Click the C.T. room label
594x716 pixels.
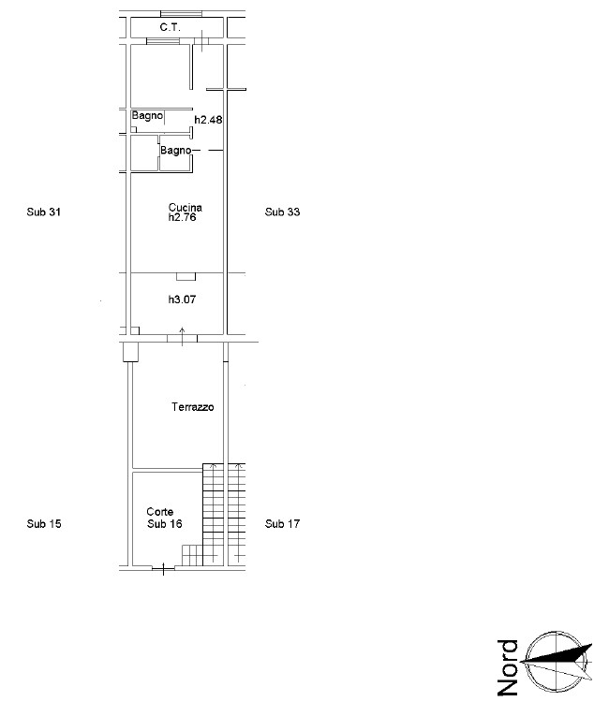[x=171, y=27]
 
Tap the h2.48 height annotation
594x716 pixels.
[x=208, y=120]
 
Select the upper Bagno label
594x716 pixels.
[x=147, y=116]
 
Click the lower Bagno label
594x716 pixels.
[x=175, y=151]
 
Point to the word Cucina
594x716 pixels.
[x=186, y=207]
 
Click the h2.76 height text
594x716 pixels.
[x=182, y=217]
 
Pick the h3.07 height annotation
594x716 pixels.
[x=182, y=300]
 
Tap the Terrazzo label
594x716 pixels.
[x=192, y=407]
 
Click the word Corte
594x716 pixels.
[x=159, y=512]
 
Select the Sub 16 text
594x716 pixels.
[x=165, y=524]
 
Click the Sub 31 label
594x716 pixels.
[x=43, y=212]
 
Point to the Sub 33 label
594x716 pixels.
[x=282, y=212]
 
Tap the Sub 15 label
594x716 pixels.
[x=44, y=524]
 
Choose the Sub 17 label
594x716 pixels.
[x=282, y=524]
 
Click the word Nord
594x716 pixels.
[x=508, y=667]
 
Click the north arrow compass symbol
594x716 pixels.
[x=557, y=661]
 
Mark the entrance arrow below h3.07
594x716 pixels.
[x=183, y=337]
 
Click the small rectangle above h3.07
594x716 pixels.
[x=186, y=277]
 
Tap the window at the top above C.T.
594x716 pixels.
[x=182, y=14]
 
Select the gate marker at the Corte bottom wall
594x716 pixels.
[x=163, y=569]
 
